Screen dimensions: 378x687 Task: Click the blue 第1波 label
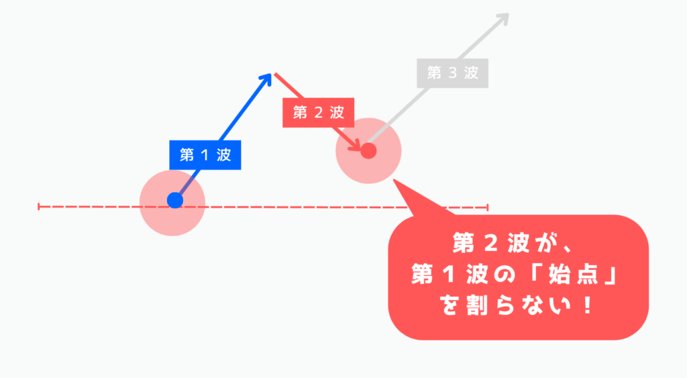pos(205,155)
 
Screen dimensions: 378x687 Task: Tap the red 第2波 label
pos(319,113)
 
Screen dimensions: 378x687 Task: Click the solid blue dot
pos(174,200)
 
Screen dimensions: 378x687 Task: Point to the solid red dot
pos(368,151)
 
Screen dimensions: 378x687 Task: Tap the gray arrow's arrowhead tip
pos(508,14)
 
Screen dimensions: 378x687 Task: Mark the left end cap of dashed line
pos(40,207)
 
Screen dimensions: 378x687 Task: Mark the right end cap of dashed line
pos(488,207)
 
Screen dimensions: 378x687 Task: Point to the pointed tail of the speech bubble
pos(397,183)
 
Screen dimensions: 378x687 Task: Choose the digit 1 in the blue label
pos(205,155)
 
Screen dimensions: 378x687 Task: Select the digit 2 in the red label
pos(319,113)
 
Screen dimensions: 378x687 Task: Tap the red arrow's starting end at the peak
pos(274,73)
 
